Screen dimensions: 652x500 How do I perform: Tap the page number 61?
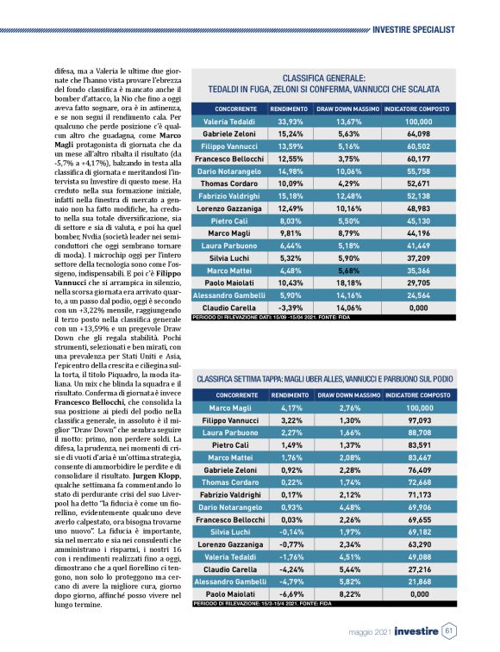coord(449,632)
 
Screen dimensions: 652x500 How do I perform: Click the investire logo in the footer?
coord(416,632)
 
